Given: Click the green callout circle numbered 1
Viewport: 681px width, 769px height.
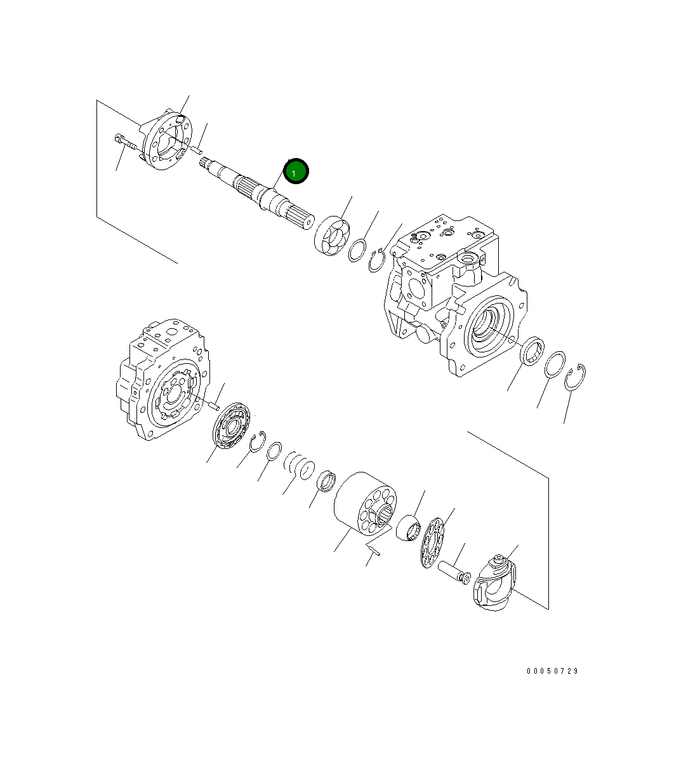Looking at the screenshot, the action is (x=296, y=171).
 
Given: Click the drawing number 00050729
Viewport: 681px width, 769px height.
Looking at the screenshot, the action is (x=552, y=671).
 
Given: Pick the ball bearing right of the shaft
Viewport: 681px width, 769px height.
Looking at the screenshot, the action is (x=332, y=236).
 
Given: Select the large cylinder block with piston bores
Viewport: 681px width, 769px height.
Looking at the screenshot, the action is (x=365, y=504).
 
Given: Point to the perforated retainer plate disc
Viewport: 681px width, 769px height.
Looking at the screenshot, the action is (x=432, y=543).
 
